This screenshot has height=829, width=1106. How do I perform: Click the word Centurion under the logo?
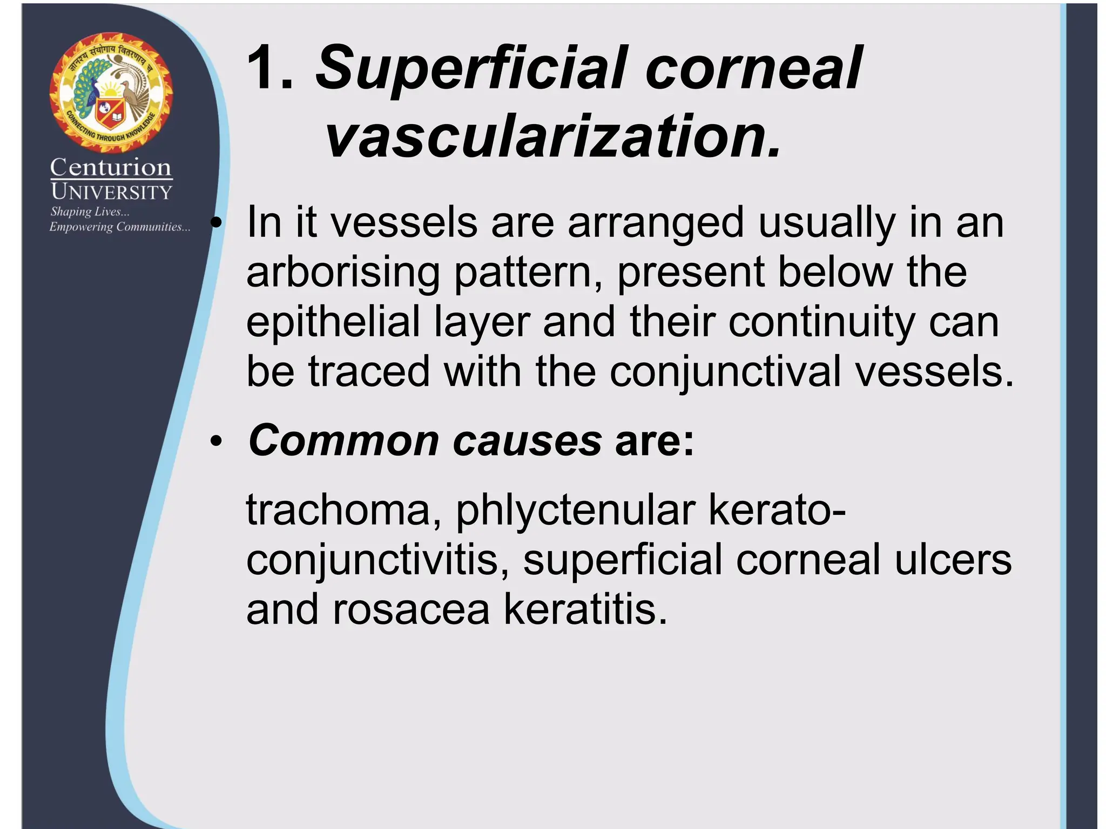[111, 167]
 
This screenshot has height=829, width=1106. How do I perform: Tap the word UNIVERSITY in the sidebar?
[111, 192]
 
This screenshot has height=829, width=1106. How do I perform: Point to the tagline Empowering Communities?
[119, 227]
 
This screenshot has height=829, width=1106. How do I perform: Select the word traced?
[369, 372]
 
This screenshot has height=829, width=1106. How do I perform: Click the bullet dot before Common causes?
[217, 442]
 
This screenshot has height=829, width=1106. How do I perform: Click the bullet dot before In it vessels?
[217, 222]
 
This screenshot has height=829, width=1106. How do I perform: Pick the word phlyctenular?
[575, 510]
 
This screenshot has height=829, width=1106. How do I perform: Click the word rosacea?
[411, 609]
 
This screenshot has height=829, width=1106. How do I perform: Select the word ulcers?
[953, 560]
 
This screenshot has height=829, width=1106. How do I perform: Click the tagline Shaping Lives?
[90, 212]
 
